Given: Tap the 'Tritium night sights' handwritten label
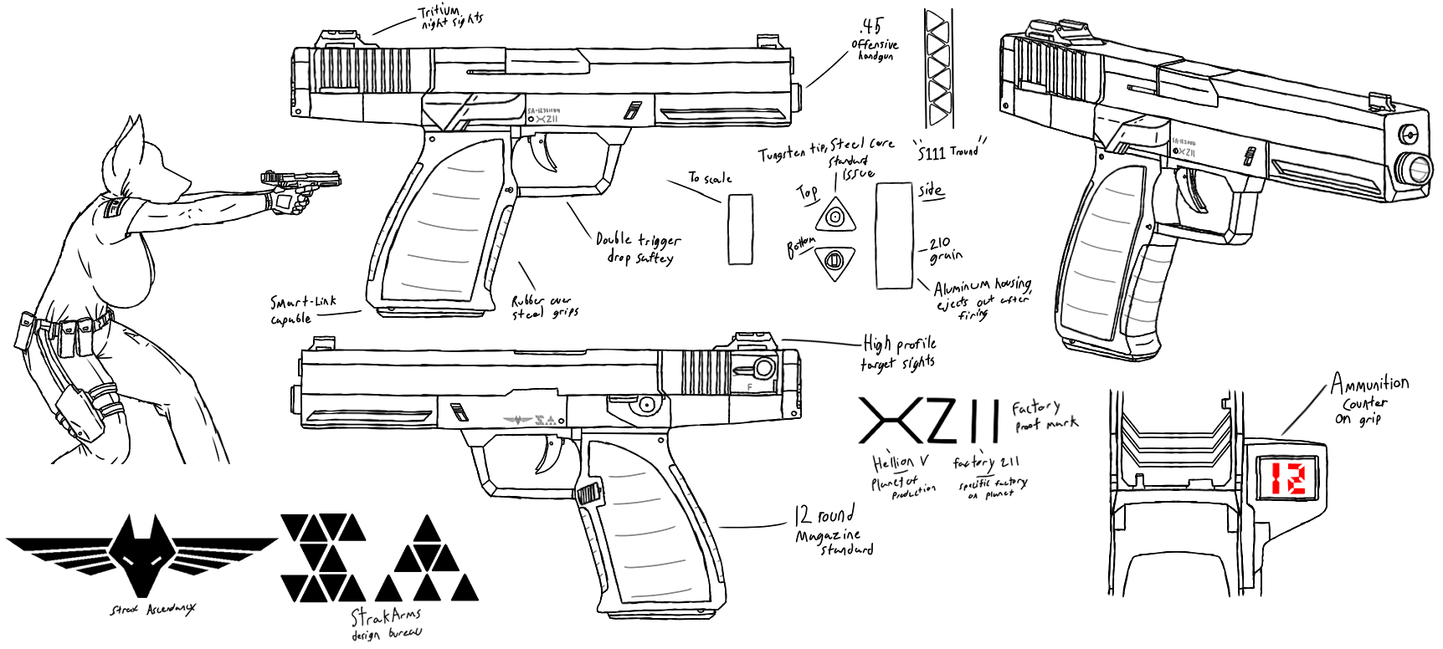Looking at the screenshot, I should [449, 18].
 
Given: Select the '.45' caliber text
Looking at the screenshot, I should [870, 26].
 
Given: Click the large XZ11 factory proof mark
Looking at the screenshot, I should [929, 421].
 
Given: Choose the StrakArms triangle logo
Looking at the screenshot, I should [380, 558].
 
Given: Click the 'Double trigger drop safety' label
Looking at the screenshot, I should [638, 248].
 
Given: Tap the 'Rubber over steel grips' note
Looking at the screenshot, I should [545, 307].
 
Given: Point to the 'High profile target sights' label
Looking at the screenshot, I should [899, 353].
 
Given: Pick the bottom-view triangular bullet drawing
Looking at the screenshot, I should [834, 263].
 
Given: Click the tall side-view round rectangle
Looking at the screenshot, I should [893, 235].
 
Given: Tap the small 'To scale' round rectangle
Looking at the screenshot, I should [740, 229].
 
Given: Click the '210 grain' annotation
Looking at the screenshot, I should [945, 249].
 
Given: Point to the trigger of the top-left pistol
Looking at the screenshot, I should [550, 159].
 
